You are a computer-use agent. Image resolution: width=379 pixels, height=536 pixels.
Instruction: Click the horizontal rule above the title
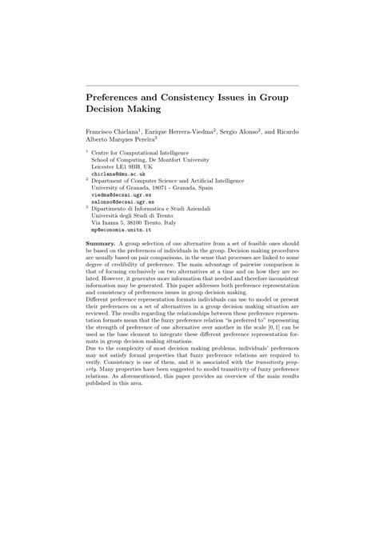pos(191,85)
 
